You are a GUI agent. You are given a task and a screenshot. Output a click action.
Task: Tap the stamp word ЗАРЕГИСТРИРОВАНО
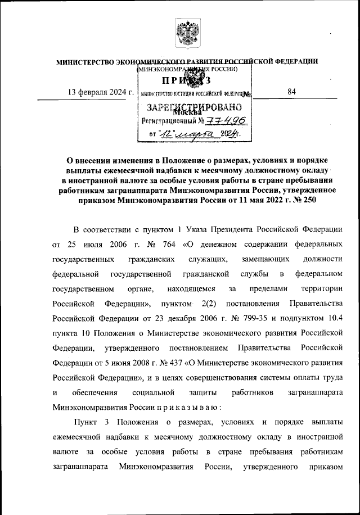tap(195, 107)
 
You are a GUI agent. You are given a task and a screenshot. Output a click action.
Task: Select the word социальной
tap(148, 391)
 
